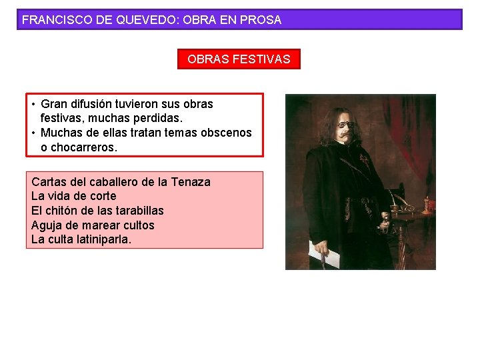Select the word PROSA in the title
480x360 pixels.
coord(260,20)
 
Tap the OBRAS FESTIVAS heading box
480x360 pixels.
coord(239,59)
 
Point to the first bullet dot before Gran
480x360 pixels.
coord(33,105)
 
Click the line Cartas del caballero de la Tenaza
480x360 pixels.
coord(121,182)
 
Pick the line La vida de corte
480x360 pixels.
coord(73,196)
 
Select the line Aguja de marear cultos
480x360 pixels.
coord(93,225)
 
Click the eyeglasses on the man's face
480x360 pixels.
coord(343,123)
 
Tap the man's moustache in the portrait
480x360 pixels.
coord(345,135)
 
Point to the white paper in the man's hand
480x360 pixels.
coord(323,253)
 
